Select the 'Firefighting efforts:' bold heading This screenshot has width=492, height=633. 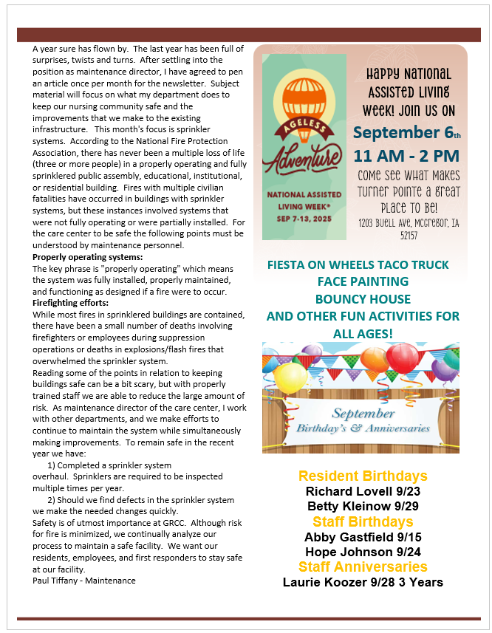pyautogui.click(x=71, y=303)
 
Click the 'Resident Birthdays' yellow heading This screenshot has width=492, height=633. pyautogui.click(x=363, y=476)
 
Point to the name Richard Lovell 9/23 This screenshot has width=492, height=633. pyautogui.click(x=363, y=491)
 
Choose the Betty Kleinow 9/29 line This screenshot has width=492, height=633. pyautogui.click(x=363, y=507)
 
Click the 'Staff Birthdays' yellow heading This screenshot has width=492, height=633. pyautogui.click(x=363, y=522)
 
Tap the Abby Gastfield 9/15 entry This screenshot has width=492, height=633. pyautogui.click(x=363, y=537)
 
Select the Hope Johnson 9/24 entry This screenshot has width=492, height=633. pyautogui.click(x=363, y=552)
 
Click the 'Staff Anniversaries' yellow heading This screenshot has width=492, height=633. pyautogui.click(x=363, y=567)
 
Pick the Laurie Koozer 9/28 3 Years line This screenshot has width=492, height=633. pyautogui.click(x=363, y=582)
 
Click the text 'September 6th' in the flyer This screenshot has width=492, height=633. pyautogui.click(x=406, y=132)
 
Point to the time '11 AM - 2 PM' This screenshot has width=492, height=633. pyautogui.click(x=406, y=156)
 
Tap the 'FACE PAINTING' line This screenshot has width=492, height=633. pyautogui.click(x=362, y=281)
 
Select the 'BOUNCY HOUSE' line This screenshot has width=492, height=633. pyautogui.click(x=362, y=298)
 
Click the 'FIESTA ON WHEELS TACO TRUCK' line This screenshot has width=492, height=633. pyautogui.click(x=362, y=264)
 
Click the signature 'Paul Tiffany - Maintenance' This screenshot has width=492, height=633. pyautogui.click(x=84, y=581)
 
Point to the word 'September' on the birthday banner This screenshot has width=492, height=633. pyautogui.click(x=363, y=414)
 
